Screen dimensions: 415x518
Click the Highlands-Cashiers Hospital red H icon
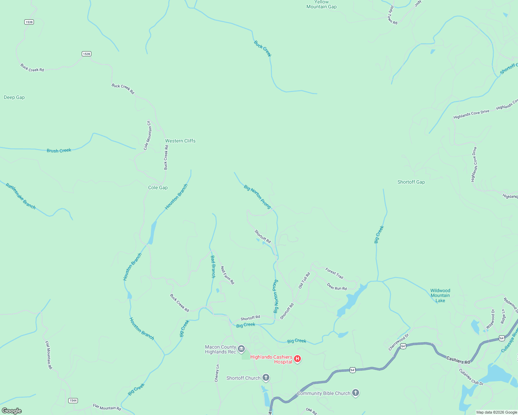pos(297,359)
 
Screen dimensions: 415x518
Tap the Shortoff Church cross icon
pos(266,378)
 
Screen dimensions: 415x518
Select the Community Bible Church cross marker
pos(355,393)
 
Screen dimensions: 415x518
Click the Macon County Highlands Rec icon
pos(241,349)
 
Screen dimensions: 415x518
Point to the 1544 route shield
pos(73,400)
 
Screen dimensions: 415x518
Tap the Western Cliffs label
pos(180,141)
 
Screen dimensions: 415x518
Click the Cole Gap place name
pos(158,187)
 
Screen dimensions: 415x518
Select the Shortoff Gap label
pos(411,182)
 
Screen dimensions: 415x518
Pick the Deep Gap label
pos(14,97)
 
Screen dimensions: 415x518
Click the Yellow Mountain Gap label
pos(321,4)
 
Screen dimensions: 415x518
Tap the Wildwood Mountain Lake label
pos(440,296)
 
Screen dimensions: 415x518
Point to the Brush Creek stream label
pos(59,150)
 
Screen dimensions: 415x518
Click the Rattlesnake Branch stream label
pos(21,196)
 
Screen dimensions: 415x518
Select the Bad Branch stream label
pos(213,267)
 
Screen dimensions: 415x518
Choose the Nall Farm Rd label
pos(227,275)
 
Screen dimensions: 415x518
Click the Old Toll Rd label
pos(304,280)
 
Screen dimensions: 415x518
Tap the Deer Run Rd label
pos(337,287)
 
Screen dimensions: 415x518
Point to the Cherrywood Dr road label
pos(399,342)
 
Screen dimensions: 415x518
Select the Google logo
pos(12,411)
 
